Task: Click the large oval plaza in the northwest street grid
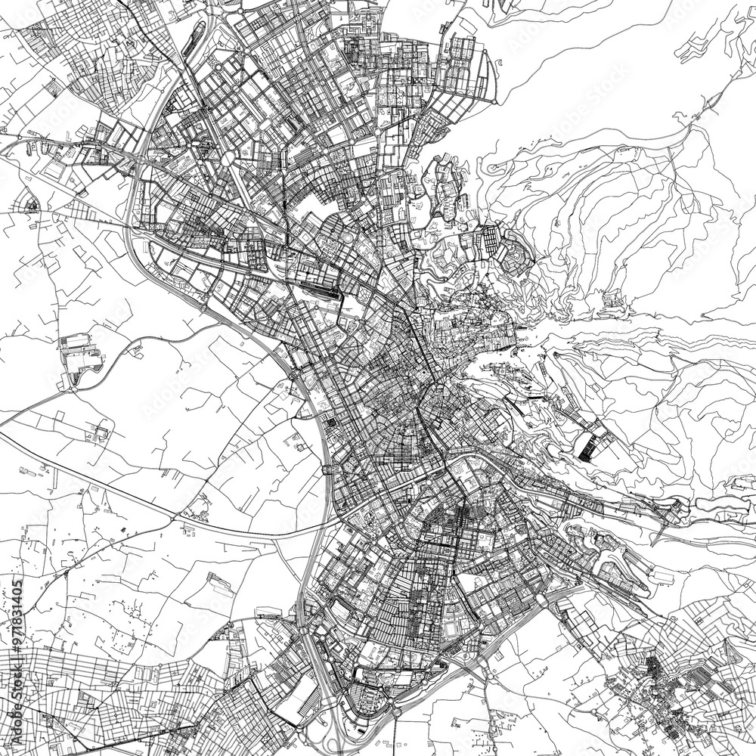[x=226, y=158]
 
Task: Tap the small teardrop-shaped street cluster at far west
[x=32, y=204]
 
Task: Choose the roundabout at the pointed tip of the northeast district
[x=495, y=101]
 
